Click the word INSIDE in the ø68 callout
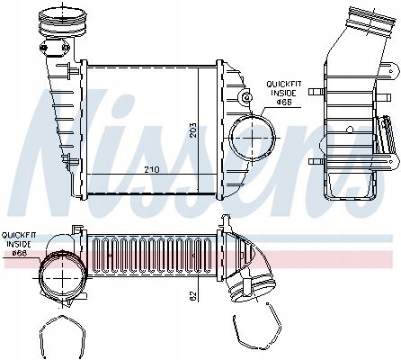tap(17, 244)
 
